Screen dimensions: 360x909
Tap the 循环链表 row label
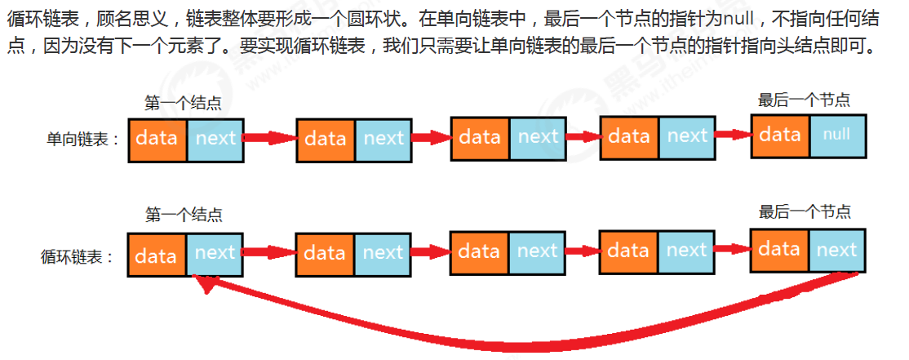78,256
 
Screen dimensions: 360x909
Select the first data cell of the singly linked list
157,140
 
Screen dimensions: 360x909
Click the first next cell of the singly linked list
215,140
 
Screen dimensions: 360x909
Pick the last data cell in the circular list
780,250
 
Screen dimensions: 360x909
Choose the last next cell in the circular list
836,250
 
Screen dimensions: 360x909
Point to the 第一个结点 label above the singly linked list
183,104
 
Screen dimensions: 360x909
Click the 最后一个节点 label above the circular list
804,212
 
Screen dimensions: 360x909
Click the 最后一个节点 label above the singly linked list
804,100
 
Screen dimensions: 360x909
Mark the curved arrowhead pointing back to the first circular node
204,283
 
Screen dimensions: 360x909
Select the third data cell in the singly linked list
480,137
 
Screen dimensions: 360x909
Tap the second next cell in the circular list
383,253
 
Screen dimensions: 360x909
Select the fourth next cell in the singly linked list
687,136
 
